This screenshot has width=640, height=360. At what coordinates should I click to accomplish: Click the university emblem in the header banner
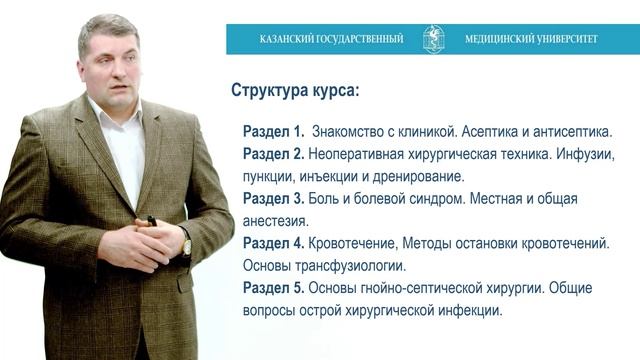pos(434,39)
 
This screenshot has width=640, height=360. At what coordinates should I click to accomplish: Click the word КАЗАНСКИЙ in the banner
pos(286,40)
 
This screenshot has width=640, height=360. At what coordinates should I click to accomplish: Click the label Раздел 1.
pos(273,132)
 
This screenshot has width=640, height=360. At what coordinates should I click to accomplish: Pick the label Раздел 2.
pos(273,154)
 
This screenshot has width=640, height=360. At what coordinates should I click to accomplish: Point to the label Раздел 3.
pos(273,198)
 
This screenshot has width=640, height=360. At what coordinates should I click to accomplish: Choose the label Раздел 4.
pos(273,243)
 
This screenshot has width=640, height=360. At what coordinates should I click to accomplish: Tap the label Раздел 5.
pos(273,288)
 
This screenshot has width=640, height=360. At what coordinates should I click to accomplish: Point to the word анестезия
pos(276,221)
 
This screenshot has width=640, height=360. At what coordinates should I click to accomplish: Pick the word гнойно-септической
pos(420,288)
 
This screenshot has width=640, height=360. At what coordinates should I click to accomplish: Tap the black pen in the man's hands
pos(151,220)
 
